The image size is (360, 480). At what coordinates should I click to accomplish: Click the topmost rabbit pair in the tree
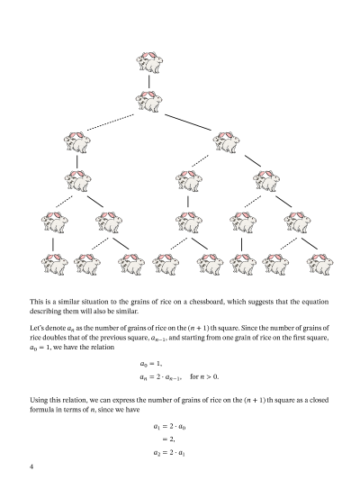pos(150,61)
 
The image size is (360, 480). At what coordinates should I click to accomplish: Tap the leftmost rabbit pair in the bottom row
pos(53,263)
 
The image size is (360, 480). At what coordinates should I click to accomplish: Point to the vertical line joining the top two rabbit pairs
pos(150,80)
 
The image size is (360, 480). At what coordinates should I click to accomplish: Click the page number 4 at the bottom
pos(32,466)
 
